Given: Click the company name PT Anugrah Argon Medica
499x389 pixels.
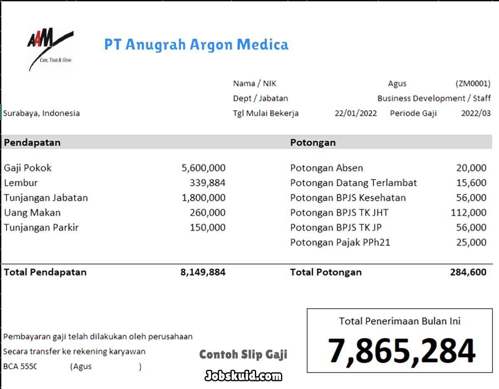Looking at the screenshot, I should [196, 45].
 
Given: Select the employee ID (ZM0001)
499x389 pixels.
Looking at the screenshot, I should [473, 84].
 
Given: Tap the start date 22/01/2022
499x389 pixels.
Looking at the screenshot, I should [356, 113].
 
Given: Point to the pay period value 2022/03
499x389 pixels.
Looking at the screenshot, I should [476, 113].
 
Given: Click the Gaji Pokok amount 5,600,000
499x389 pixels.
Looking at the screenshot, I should [203, 168].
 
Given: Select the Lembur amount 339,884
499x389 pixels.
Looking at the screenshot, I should [208, 183].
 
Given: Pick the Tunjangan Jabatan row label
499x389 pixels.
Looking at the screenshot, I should [46, 198].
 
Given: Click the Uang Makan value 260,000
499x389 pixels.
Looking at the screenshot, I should [208, 213].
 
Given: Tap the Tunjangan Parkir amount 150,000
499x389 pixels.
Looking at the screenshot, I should [208, 228].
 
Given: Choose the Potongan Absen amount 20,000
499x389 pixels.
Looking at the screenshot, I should [471, 168].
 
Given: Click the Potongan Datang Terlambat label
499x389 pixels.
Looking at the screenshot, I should [353, 183].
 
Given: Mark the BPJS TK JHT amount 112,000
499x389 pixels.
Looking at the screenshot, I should [468, 213].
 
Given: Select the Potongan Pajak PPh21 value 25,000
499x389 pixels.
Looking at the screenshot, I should [471, 242].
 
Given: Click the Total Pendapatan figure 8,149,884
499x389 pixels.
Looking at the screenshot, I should [203, 273].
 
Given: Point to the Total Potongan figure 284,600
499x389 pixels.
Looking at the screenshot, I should [468, 273].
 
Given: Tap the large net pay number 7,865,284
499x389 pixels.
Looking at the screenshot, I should [401, 351].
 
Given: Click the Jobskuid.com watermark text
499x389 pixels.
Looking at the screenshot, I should [243, 376].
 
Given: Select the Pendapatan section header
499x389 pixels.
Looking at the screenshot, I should [32, 142].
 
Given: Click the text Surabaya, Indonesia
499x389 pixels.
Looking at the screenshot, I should [42, 113].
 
